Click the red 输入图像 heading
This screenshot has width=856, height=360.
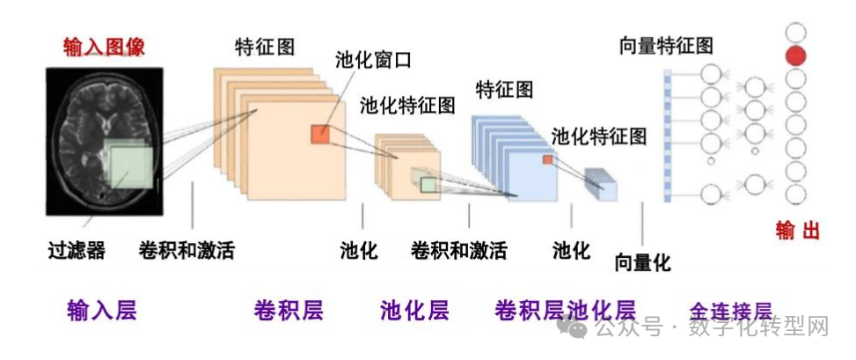click(104, 47)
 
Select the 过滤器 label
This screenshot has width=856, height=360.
click(77, 251)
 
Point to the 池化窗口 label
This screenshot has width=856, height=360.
click(373, 61)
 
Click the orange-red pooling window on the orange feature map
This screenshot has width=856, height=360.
click(318, 134)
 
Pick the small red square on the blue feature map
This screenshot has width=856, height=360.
click(547, 159)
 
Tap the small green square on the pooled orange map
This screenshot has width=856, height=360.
click(428, 184)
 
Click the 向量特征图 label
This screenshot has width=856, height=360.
click(666, 46)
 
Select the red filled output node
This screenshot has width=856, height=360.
click(795, 56)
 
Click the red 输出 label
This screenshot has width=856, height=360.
click(797, 231)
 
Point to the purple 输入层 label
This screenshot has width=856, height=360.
click(102, 310)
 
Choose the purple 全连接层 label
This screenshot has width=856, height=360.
click(730, 311)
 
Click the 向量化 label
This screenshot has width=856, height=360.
click(642, 261)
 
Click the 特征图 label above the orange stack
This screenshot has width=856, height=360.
click(264, 46)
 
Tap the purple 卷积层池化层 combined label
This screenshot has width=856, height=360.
click(565, 310)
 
